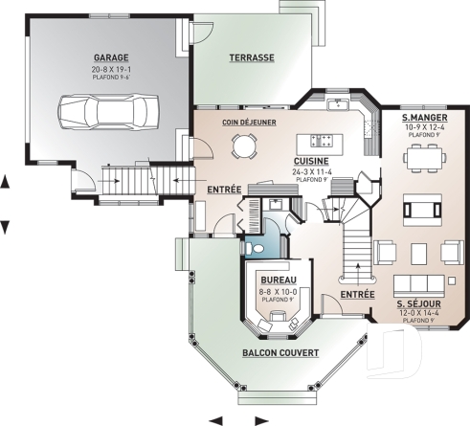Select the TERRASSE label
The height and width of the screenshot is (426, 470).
[x=252, y=57]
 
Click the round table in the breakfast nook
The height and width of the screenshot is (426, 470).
[x=246, y=146]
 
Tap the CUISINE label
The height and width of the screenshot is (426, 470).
[x=312, y=162]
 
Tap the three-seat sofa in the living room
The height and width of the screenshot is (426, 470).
[x=419, y=284]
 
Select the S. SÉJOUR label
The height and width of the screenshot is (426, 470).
[x=420, y=303]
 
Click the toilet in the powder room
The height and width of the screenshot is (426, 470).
[x=254, y=248]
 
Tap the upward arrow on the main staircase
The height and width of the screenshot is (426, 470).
[x=356, y=258]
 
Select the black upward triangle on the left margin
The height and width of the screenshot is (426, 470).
[x=5, y=180]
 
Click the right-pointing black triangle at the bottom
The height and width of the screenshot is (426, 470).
[x=260, y=419]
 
